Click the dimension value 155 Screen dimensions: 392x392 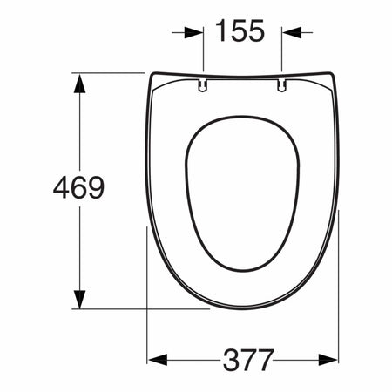click(x=240, y=30)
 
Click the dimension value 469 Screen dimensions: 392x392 click(x=78, y=187)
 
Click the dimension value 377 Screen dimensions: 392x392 click(x=248, y=360)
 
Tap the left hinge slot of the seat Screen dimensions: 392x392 click(x=203, y=85)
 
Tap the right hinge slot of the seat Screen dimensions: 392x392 click(x=281, y=85)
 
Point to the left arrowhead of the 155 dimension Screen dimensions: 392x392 click(x=193, y=32)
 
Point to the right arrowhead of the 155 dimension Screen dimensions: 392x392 click(x=292, y=32)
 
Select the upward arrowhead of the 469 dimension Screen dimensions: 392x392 click(x=79, y=84)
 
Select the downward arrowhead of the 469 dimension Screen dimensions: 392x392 click(x=79, y=299)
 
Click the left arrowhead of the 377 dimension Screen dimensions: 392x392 click(x=158, y=360)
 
